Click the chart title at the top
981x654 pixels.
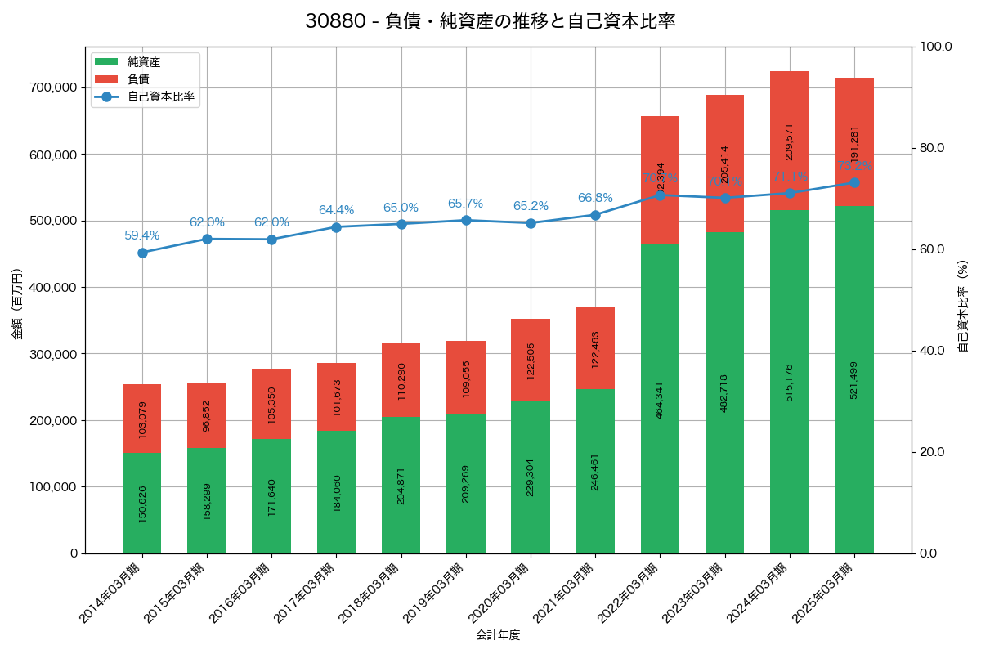click(490, 21)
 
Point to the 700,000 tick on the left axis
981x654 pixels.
click(53, 87)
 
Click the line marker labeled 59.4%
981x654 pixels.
click(142, 253)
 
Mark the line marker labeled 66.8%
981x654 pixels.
click(595, 215)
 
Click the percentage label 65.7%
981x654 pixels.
click(465, 204)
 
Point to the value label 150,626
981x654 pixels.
click(142, 504)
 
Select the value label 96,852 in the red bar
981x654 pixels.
click(207, 415)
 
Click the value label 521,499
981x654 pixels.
click(854, 379)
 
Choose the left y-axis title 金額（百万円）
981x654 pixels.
click(17, 304)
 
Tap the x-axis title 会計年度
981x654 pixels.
click(498, 635)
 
